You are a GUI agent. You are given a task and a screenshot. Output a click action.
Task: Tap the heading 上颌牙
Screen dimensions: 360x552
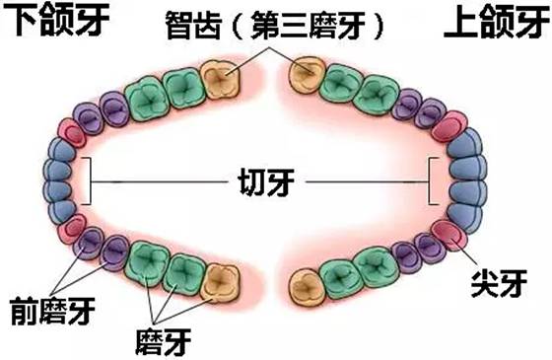(494, 23)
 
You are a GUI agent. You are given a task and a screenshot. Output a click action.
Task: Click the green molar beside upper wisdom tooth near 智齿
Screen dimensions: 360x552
(341, 83)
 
